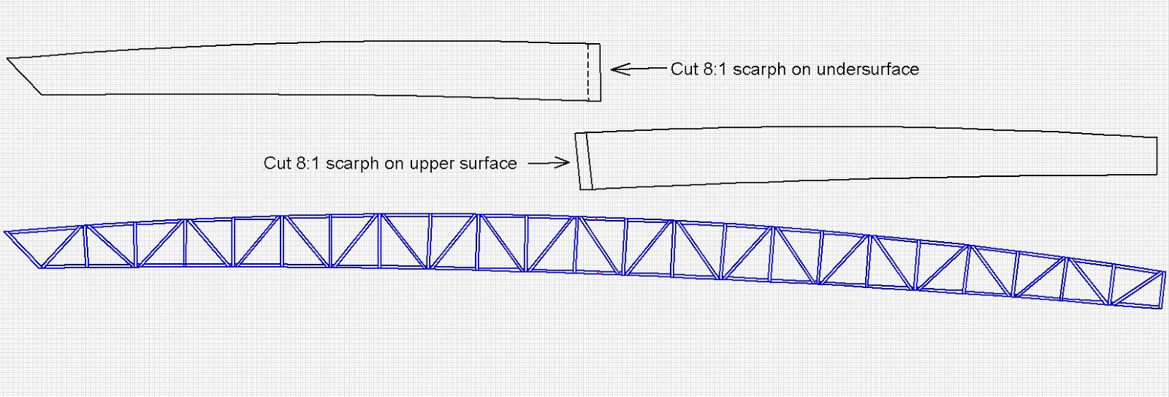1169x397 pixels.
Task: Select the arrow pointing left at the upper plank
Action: tap(638, 69)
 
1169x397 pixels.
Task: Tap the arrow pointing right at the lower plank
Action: tap(548, 163)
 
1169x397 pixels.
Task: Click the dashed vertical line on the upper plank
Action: tap(588, 72)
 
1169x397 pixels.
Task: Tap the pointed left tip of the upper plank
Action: tap(9, 58)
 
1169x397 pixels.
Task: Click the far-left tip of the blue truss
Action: tap(7, 233)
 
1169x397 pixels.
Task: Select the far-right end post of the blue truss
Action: tap(1162, 290)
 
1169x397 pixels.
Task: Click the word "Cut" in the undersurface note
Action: tap(685, 69)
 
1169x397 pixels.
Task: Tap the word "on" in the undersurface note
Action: tap(801, 69)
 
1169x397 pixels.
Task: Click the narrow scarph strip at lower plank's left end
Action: tap(583, 162)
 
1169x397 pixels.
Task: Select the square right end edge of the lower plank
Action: tap(1157, 156)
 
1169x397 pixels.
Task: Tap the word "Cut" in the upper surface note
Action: tap(277, 163)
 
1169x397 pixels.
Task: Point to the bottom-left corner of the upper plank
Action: tap(42, 94)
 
